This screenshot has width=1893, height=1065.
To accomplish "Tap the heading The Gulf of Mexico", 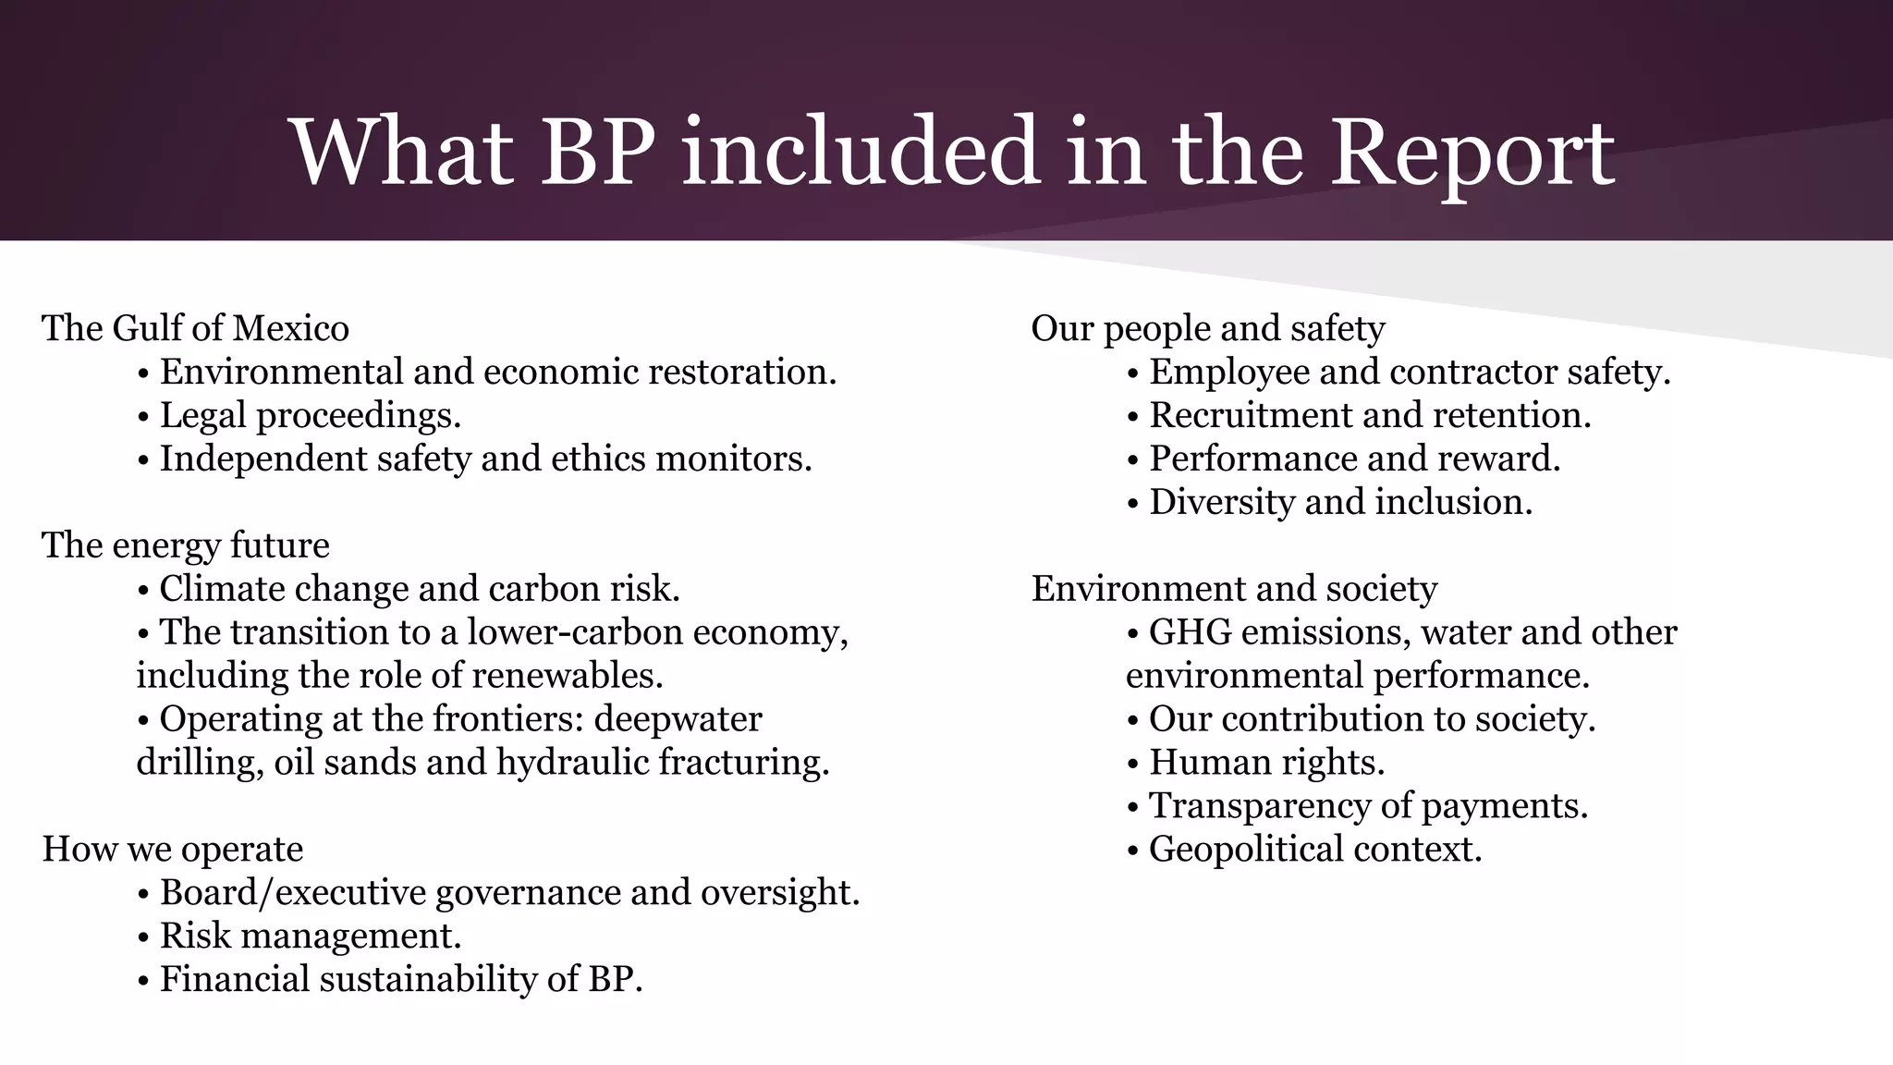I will [195, 328].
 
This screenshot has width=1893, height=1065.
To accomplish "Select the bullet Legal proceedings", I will [310, 415].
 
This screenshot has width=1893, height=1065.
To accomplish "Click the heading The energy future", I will [185, 545].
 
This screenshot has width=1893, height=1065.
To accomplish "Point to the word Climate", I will [223, 589].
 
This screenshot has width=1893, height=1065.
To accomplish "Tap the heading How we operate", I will [173, 849].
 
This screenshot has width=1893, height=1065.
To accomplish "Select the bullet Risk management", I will [310, 936].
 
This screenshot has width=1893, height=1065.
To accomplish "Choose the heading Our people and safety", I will [1207, 328].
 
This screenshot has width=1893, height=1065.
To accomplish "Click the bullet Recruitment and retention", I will [1370, 415].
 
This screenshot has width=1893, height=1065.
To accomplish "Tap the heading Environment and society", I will [1234, 589].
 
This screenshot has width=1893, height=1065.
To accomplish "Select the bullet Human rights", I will [1266, 763].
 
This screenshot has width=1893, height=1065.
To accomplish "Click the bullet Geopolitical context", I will [1314, 849].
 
